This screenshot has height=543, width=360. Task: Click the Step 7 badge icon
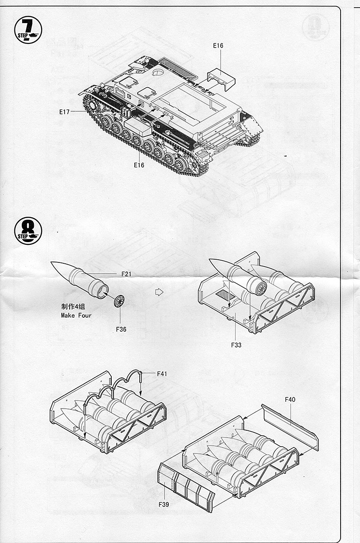pos(28,29)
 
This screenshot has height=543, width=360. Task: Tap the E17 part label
pos(64,112)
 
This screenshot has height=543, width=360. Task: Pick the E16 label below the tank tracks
pos(139,165)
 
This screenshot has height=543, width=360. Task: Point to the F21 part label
pos(126,274)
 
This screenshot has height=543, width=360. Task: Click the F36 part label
pos(121,329)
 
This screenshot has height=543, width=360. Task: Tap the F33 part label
pos(236,345)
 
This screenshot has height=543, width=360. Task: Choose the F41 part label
pos(162,374)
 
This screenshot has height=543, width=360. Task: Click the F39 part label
pos(164,504)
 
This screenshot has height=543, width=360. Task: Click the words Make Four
pos(76,315)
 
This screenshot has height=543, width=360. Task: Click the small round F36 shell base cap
pos(119,300)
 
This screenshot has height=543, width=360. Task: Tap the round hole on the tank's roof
pos(158,72)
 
